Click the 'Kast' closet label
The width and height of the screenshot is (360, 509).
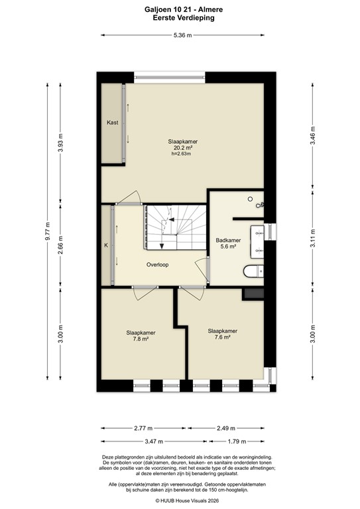coord(112,123)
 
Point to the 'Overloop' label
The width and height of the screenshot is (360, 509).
coord(158,264)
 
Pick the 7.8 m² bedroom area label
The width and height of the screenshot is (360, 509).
coord(137,339)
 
